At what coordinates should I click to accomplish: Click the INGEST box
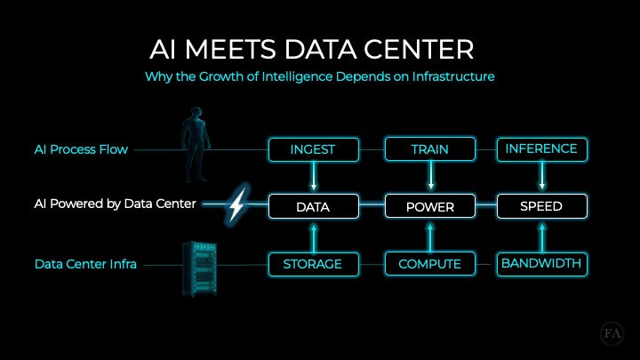pos(313,149)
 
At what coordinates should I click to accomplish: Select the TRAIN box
pos(430,149)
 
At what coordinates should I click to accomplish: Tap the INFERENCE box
pos(541,148)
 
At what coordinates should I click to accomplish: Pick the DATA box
pos(313,207)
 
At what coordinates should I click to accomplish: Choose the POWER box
pos(430,207)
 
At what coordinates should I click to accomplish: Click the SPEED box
pos(541,207)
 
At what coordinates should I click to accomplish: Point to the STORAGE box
pos(313,264)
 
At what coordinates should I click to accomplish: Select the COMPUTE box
pos(430,264)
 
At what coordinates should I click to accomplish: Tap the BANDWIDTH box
pos(541,264)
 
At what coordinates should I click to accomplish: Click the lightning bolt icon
pos(237,205)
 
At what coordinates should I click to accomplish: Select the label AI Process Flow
pos(81,149)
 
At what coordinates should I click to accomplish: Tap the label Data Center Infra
pos(85,264)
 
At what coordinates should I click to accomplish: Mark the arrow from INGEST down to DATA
pos(313,178)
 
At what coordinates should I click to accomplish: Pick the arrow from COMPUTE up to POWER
pos(430,236)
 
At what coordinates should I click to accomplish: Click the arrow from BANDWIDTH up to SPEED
pos(541,236)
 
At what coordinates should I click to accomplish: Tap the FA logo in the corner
pos(612,335)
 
